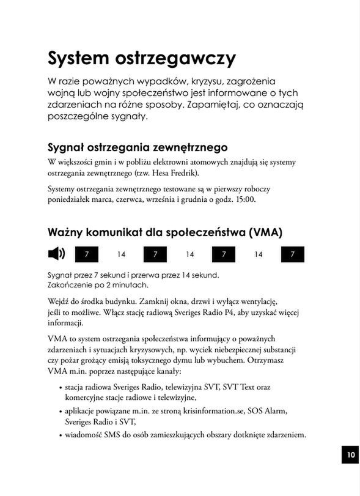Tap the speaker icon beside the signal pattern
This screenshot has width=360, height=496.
point(56,253)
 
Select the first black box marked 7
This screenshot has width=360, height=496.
point(87,254)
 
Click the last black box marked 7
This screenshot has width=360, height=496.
point(293,254)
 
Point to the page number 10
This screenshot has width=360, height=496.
point(350,454)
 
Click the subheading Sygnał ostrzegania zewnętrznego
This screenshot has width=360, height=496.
point(138,147)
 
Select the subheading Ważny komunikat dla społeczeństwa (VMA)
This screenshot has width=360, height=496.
point(165,232)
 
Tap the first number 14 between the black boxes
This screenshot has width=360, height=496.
point(121,254)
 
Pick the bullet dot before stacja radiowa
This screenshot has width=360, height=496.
point(60,387)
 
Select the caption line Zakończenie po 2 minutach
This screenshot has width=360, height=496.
point(97,284)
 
